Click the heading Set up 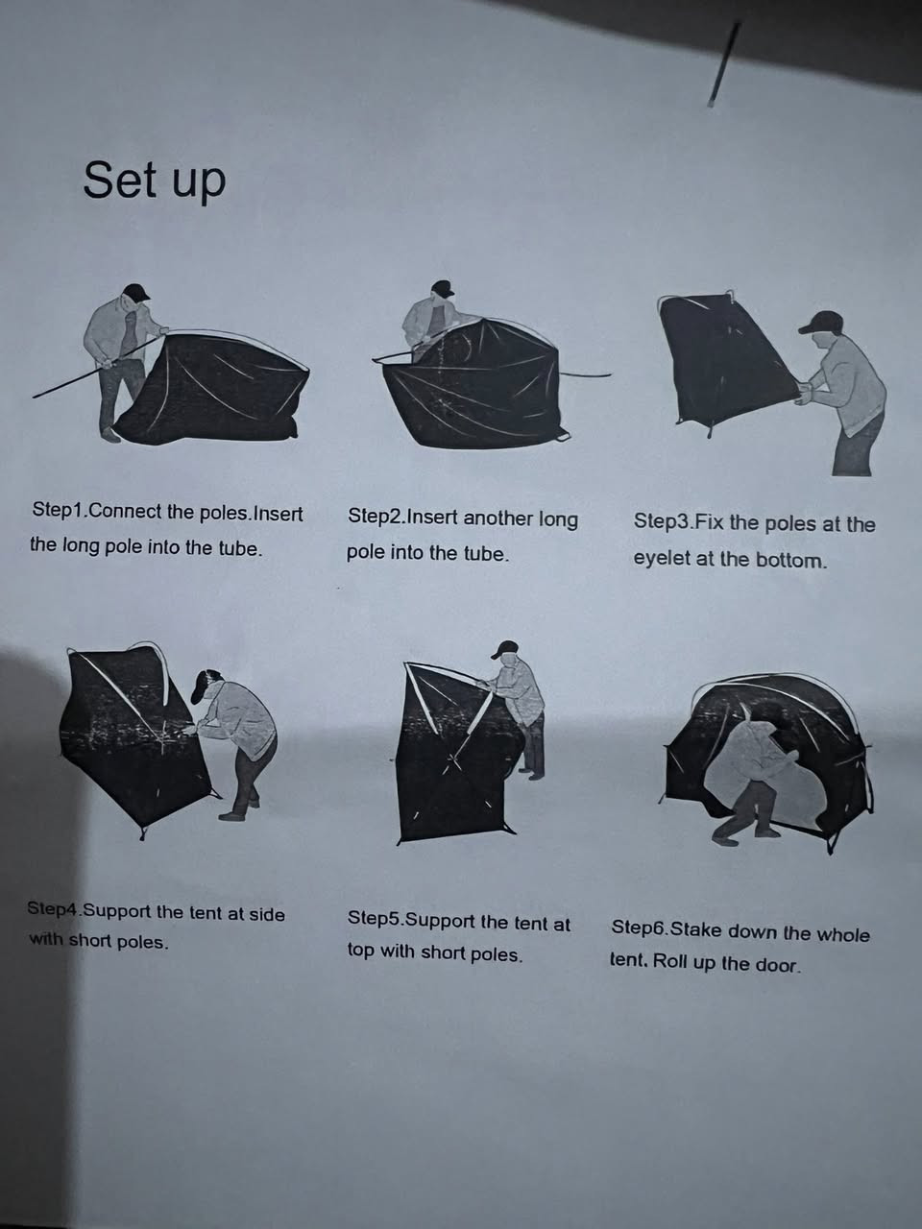point(155,181)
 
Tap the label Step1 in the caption point(58,511)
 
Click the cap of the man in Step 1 point(136,292)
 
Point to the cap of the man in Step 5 point(505,649)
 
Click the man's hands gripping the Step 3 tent point(804,392)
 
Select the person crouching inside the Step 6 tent point(752,781)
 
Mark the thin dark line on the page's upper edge point(724,63)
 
